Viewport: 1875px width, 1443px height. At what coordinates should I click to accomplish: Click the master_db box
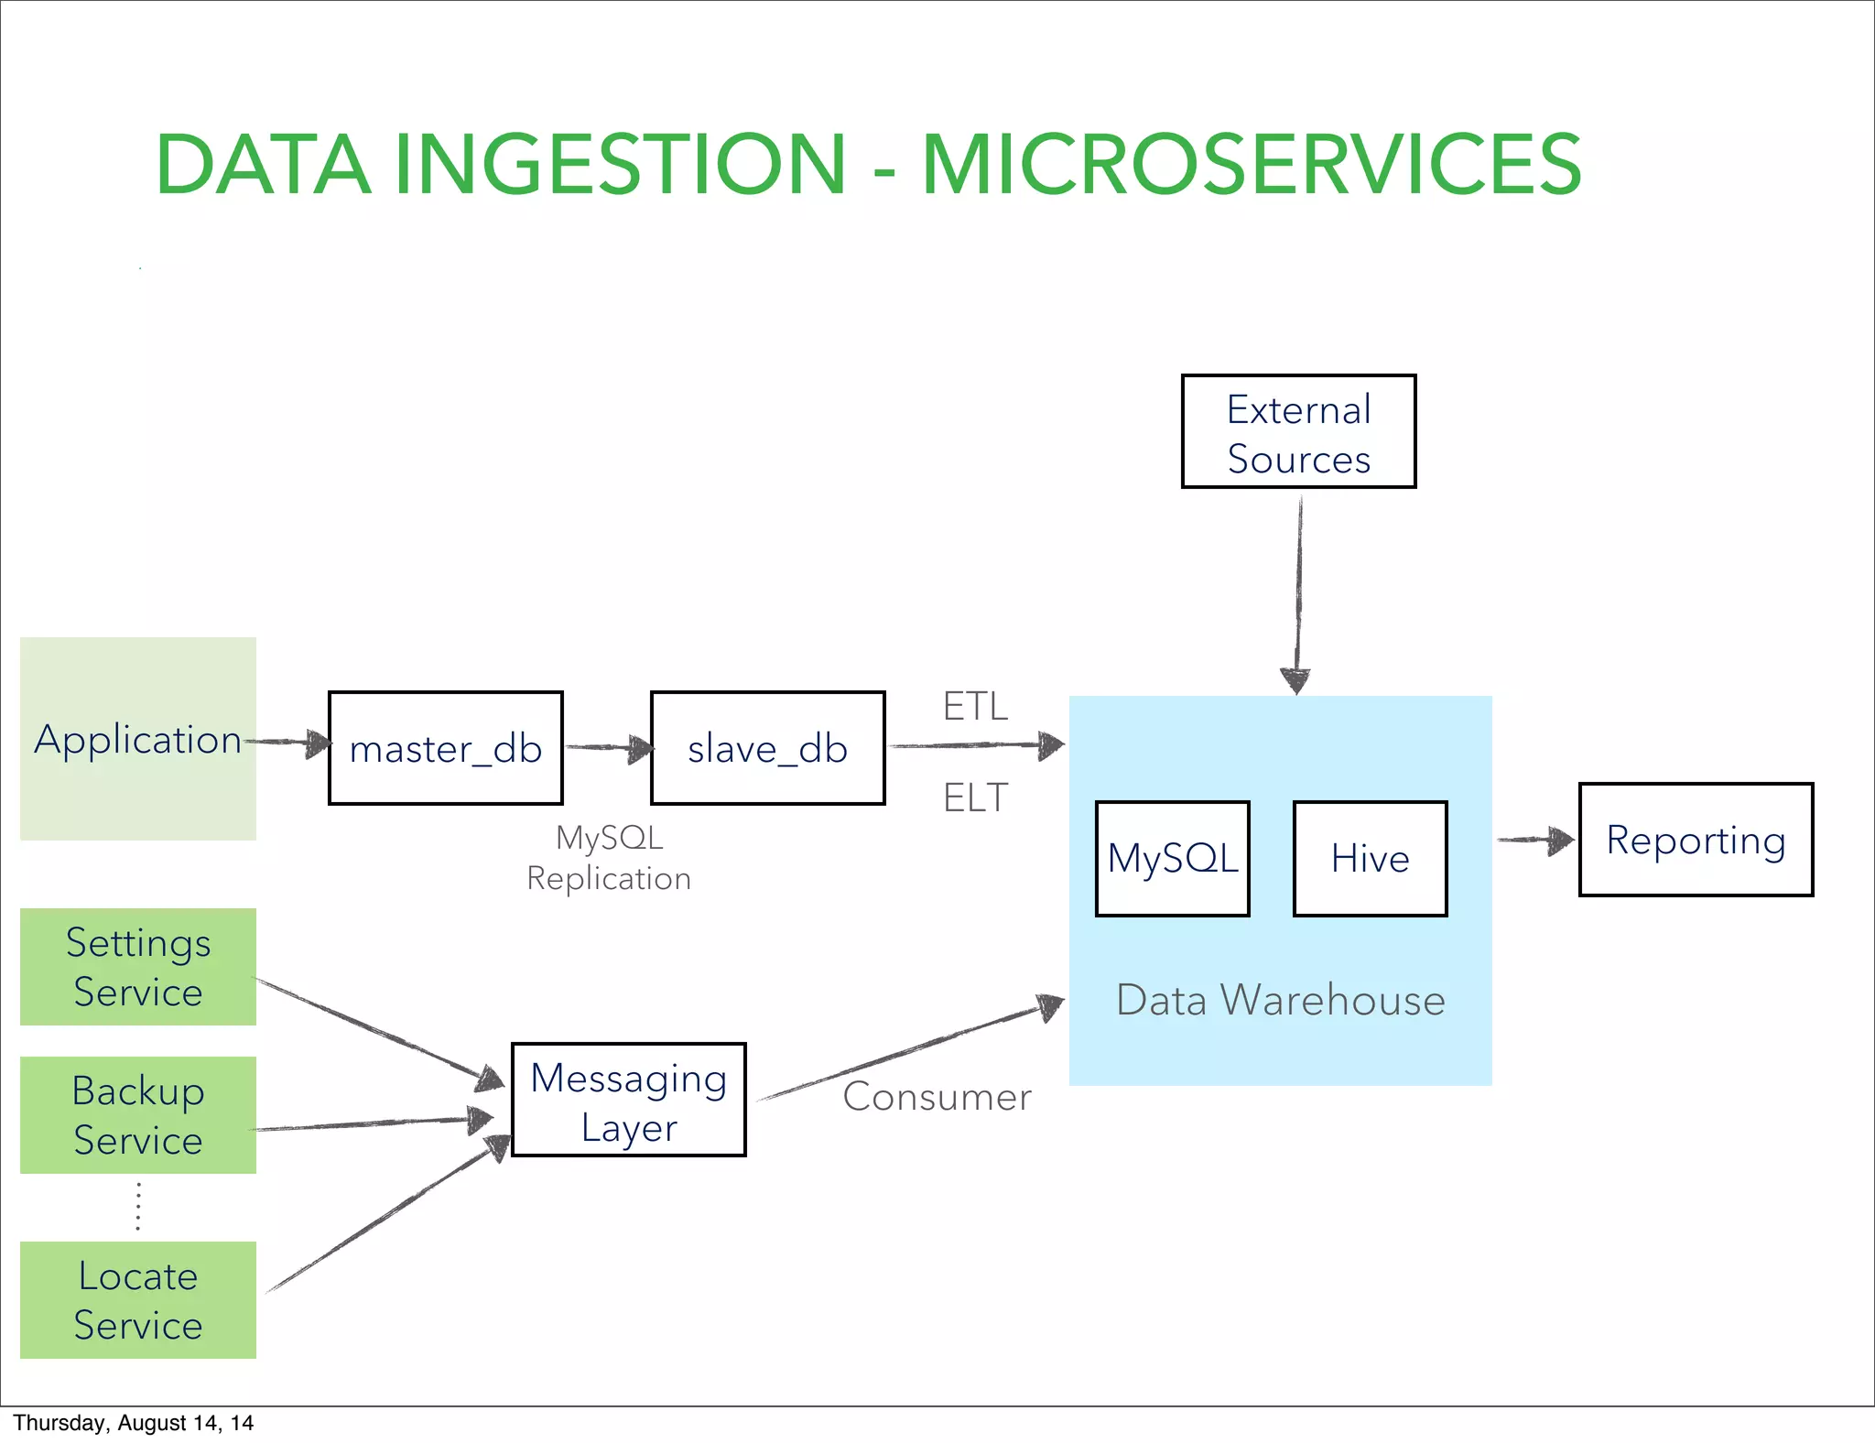(445, 748)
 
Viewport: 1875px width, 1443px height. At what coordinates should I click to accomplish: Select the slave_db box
(767, 748)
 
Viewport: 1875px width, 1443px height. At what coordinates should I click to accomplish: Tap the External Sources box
(1298, 431)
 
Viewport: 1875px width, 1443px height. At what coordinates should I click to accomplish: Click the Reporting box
(1696, 840)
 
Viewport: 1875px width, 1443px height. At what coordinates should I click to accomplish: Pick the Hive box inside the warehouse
(1370, 859)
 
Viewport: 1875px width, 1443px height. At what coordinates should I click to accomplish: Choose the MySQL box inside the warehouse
(1172, 859)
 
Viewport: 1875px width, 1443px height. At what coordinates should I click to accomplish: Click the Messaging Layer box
(628, 1100)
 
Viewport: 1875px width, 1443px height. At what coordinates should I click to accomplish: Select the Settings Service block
(138, 967)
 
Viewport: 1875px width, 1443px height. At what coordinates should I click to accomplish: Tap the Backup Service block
(138, 1115)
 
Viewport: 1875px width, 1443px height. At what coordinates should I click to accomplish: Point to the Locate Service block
(138, 1300)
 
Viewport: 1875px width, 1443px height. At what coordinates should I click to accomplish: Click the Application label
(137, 739)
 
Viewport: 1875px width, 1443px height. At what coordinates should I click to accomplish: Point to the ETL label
(975, 707)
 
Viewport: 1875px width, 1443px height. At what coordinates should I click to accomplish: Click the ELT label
(975, 798)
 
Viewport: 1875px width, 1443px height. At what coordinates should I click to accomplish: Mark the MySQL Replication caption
(609, 858)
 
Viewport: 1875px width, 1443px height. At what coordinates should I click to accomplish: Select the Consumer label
(937, 1097)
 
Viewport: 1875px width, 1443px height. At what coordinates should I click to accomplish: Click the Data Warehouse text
(1280, 1000)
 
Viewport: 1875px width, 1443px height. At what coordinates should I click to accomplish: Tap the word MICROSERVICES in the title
(1251, 165)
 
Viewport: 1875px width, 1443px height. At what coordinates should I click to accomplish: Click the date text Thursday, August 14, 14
(133, 1423)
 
